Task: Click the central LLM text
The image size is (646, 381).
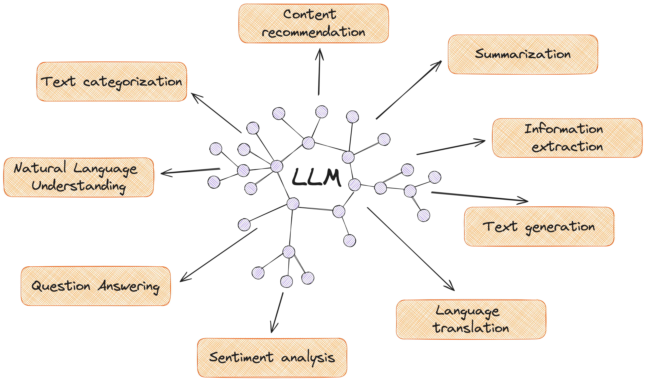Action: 316,177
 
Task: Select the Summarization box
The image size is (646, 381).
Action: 523,54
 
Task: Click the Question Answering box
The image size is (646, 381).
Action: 96,286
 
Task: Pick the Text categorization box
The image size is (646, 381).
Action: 112,82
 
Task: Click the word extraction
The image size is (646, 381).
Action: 567,147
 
